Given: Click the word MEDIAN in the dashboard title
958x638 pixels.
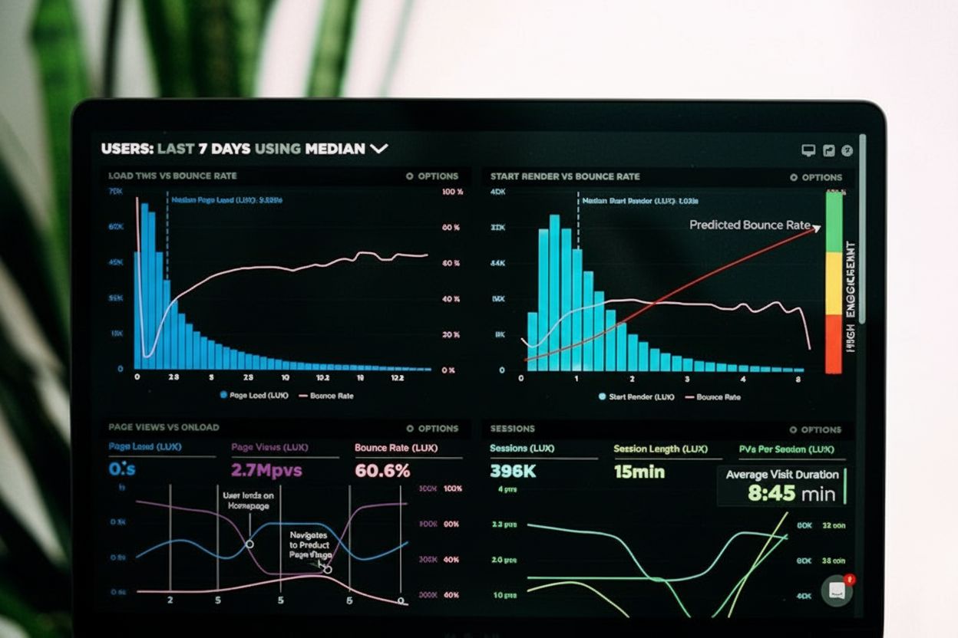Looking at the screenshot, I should (x=335, y=149).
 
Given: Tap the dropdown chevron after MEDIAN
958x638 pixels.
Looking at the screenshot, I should (x=379, y=149).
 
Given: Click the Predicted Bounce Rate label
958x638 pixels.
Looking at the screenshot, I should (x=749, y=225).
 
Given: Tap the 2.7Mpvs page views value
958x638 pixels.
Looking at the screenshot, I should (x=266, y=470).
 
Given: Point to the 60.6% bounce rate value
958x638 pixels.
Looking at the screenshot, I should (x=382, y=471).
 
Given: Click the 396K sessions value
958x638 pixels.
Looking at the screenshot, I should (x=513, y=472).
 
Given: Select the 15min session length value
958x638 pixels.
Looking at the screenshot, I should (x=639, y=472).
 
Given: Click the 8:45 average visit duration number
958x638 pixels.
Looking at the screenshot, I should (x=771, y=493).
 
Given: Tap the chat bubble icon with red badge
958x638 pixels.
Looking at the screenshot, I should (x=836, y=590).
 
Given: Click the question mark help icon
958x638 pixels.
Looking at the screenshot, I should (x=847, y=150).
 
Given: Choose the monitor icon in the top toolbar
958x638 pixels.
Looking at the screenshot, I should (x=808, y=150).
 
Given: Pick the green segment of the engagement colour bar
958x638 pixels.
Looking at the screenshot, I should (x=833, y=222).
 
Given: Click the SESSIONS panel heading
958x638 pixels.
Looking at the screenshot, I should (x=512, y=429).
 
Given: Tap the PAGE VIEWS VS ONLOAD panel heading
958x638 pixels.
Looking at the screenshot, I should (x=164, y=427).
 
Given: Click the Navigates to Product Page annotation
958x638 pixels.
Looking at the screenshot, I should (x=310, y=544).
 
